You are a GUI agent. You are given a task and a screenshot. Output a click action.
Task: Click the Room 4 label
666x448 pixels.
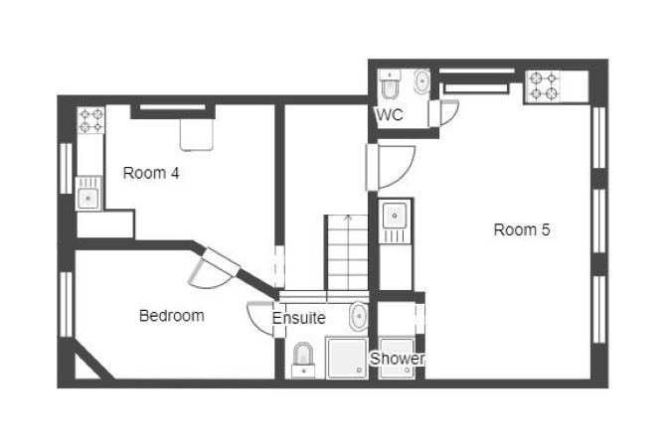(x=151, y=173)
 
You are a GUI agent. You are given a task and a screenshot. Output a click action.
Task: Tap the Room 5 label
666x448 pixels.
(x=522, y=229)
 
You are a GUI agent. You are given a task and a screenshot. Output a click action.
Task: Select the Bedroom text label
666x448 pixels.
(x=172, y=316)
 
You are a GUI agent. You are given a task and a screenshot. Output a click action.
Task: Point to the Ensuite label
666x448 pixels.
(x=298, y=318)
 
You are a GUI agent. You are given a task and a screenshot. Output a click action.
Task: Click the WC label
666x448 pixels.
(x=390, y=114)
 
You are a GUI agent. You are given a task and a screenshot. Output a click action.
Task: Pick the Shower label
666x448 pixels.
(x=397, y=359)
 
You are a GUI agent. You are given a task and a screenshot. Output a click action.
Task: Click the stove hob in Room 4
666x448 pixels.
(x=90, y=120)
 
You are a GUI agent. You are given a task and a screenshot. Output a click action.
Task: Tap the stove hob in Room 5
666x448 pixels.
(x=544, y=86)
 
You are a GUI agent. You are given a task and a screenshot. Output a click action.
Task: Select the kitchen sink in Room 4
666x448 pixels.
(x=88, y=194)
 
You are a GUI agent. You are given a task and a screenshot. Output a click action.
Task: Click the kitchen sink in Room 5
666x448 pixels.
(x=395, y=222)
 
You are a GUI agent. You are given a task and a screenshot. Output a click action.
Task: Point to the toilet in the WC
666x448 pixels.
(x=390, y=84)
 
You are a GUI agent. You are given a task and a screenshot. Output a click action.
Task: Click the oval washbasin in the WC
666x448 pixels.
(x=421, y=80)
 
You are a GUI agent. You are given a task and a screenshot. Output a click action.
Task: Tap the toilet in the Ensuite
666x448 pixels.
(x=303, y=360)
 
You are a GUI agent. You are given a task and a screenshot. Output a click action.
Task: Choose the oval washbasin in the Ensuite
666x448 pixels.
(x=359, y=316)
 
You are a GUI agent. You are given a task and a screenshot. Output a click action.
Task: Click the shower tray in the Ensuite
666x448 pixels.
(x=346, y=358)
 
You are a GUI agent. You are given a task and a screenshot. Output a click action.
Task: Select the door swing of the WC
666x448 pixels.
(x=449, y=112)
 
